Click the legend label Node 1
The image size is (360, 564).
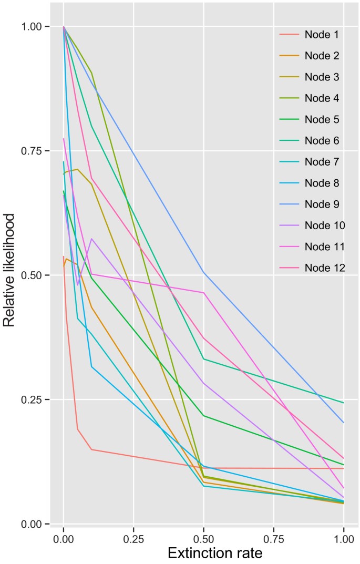(321, 35)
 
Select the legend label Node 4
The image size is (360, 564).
(321, 98)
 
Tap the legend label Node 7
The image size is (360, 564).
(321, 162)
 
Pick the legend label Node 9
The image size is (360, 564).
(321, 204)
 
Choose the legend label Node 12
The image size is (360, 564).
(323, 268)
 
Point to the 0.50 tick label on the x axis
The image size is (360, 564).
(203, 539)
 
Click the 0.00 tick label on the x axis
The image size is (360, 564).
(64, 539)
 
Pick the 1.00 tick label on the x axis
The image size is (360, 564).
(343, 539)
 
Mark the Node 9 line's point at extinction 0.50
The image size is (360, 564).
(203, 272)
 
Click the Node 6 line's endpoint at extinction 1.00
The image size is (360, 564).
(343, 403)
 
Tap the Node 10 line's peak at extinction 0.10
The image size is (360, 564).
(91, 239)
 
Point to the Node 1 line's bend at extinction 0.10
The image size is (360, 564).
(91, 449)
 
